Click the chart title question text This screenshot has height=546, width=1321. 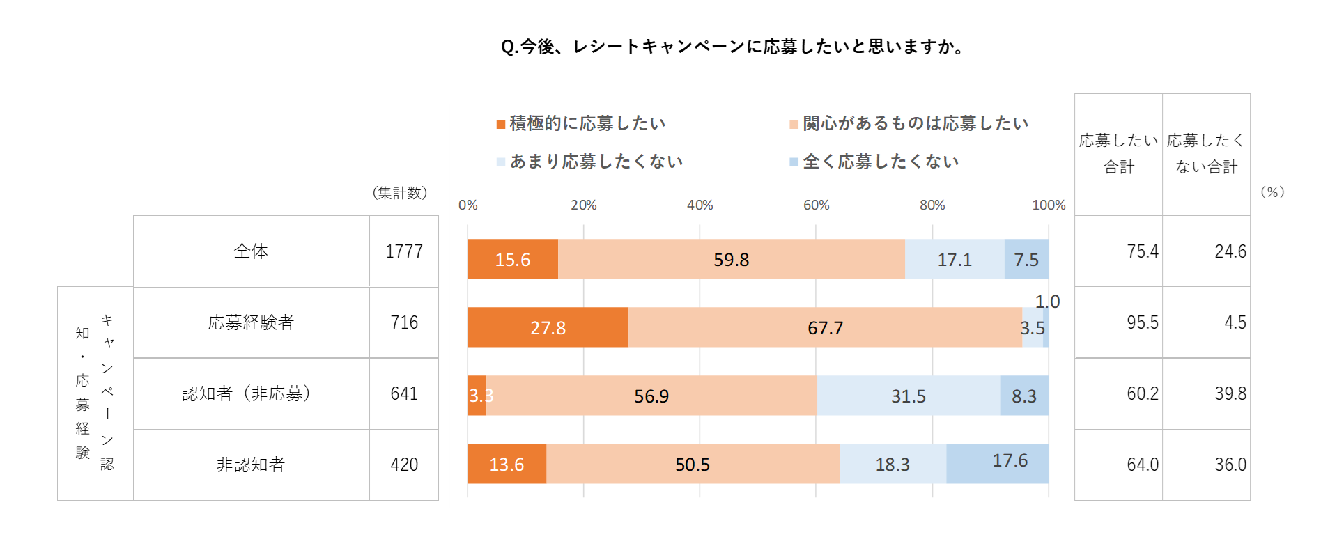(x=733, y=47)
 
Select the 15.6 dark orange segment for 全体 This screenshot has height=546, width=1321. (x=512, y=259)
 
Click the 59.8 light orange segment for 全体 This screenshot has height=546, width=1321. (x=731, y=259)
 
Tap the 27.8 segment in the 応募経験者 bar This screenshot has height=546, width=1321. (x=548, y=327)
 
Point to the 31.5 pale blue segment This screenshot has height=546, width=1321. (x=908, y=396)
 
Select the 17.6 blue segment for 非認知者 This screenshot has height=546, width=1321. (x=998, y=463)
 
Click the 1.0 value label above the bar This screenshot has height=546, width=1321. (x=1046, y=302)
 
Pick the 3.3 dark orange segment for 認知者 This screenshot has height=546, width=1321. (x=477, y=396)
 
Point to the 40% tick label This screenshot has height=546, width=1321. (x=700, y=205)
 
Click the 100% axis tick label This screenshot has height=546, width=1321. (x=1048, y=205)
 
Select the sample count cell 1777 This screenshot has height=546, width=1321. (x=404, y=251)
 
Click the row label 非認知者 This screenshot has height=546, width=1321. (x=251, y=465)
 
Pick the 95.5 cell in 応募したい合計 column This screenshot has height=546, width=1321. (x=1142, y=322)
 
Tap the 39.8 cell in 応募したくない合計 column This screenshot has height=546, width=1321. (x=1230, y=393)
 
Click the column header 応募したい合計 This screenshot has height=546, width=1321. (x=1118, y=153)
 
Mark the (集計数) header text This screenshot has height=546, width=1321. (x=399, y=193)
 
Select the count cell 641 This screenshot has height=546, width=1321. (x=404, y=393)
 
